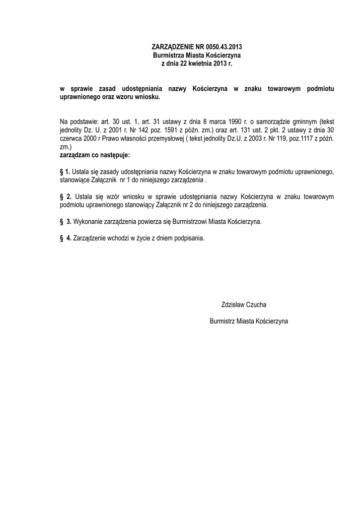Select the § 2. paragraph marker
tap(66, 196)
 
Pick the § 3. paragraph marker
tap(66, 221)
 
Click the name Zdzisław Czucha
tap(247, 304)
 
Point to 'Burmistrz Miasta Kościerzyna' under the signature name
tap(249, 321)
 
